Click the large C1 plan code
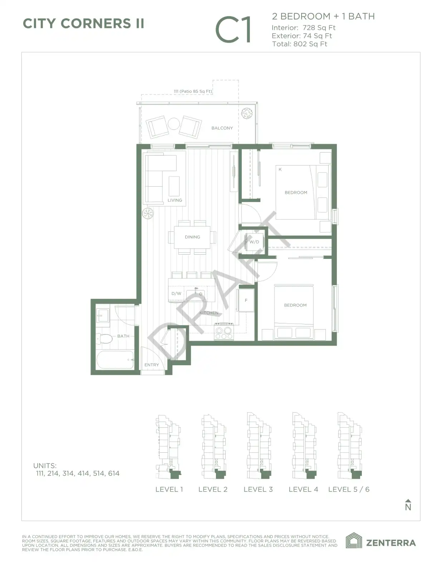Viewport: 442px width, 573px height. coord(233,29)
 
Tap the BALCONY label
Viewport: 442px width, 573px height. coord(222,128)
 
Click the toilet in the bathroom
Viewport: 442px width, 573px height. coord(104,338)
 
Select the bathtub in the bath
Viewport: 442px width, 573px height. coord(115,360)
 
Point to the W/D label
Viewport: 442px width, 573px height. coord(254,242)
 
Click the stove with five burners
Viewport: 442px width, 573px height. coord(224,331)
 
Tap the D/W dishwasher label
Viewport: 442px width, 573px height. coord(176,294)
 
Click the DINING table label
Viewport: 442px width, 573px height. coord(192,237)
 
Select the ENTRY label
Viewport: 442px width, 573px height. coord(152,365)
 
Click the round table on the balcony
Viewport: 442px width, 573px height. coord(174,124)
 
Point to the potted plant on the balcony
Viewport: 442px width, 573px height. coord(247,113)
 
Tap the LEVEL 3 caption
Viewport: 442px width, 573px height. coord(258,490)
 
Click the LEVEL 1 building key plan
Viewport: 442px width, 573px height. coord(168,447)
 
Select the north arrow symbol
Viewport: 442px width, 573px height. coord(408,505)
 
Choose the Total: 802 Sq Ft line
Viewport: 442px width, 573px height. coord(300,44)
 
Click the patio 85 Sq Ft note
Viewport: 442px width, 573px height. coord(193,91)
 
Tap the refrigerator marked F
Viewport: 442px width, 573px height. coord(246,300)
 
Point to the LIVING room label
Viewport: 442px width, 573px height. coord(175,200)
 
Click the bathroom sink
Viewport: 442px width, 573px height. coord(103,316)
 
